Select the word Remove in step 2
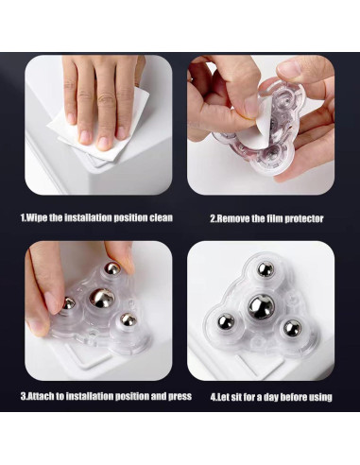click(x=235, y=218)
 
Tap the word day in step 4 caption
click(x=276, y=396)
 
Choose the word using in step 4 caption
click(x=317, y=396)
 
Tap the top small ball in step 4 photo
click(x=266, y=270)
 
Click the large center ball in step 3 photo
click(x=100, y=301)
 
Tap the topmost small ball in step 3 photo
click(x=111, y=268)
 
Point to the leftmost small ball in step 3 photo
click(x=69, y=303)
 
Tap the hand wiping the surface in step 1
click(x=99, y=95)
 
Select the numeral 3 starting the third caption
click(x=23, y=396)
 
